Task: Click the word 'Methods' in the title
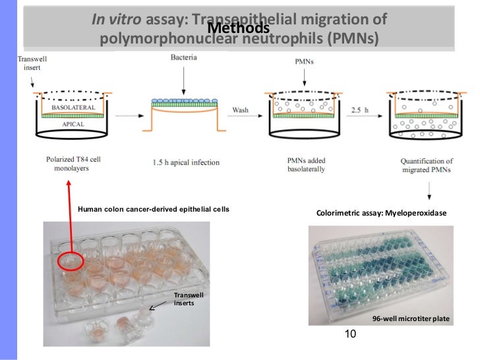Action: pyautogui.click(x=238, y=29)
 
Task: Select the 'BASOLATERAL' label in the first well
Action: pyautogui.click(x=73, y=107)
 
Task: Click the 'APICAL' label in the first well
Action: pyautogui.click(x=73, y=123)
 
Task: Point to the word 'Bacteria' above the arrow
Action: pyautogui.click(x=183, y=59)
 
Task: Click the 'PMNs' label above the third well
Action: pyautogui.click(x=298, y=61)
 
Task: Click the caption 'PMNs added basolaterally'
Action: pyautogui.click(x=297, y=164)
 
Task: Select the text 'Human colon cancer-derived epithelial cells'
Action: pyautogui.click(x=154, y=210)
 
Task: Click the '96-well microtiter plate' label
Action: pyautogui.click(x=410, y=318)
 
